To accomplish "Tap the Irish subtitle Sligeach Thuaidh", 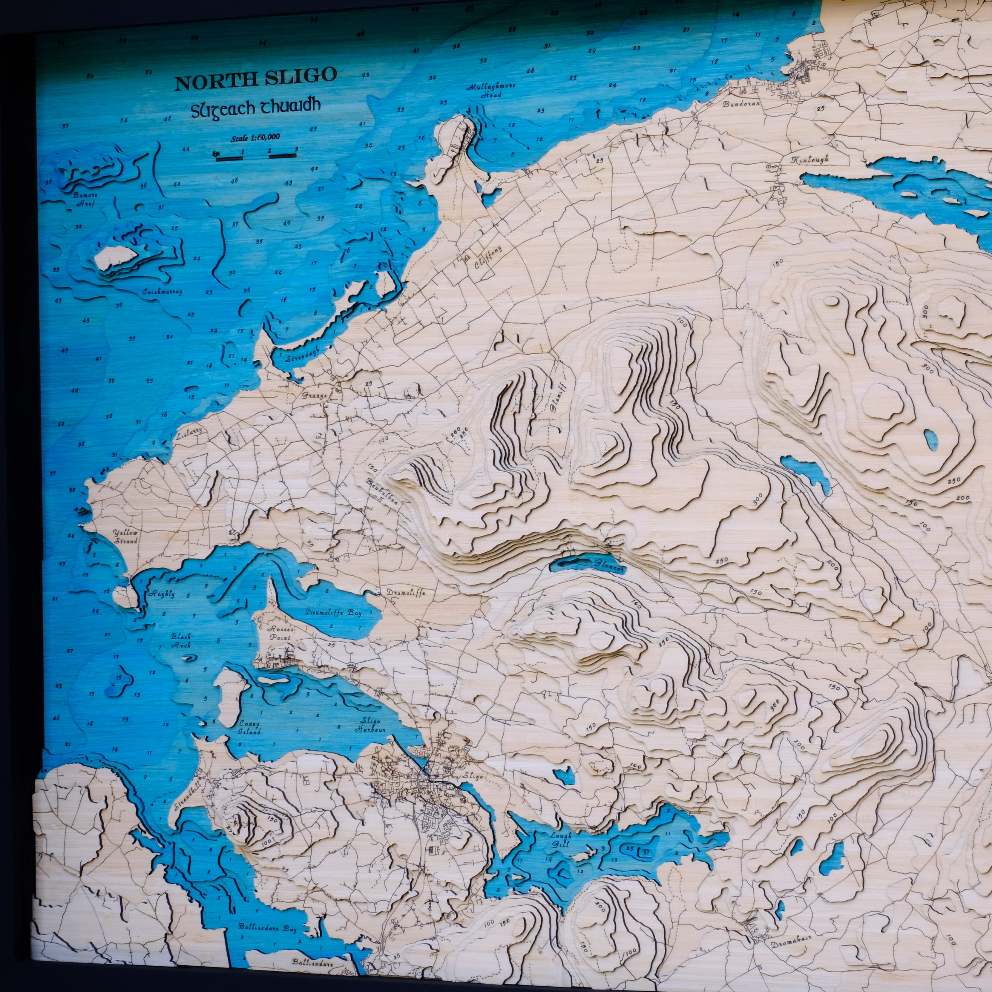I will click(x=256, y=107).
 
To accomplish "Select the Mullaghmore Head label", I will click(x=490, y=91).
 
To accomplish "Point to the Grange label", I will click(x=314, y=395).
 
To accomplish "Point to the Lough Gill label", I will click(x=560, y=839).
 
